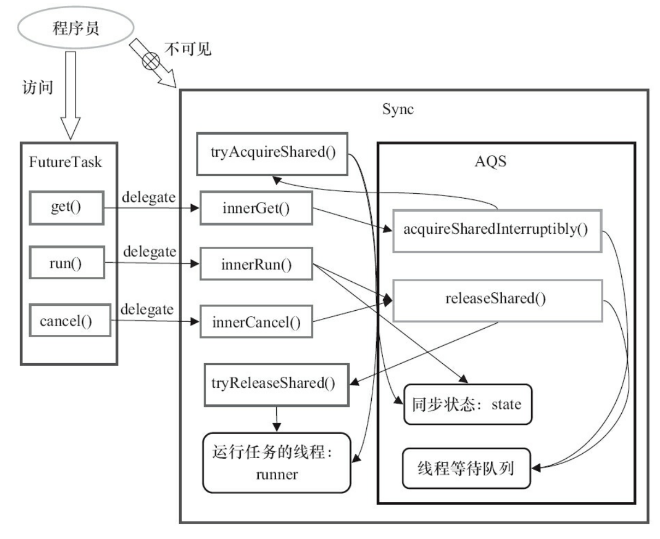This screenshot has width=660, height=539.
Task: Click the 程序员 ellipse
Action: pos(75,28)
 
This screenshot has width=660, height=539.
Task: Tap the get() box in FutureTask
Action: pos(67,208)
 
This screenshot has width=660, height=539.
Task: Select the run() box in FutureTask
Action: pos(67,263)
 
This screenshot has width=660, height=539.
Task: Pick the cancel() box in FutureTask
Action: pos(67,321)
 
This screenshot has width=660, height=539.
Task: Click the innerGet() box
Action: pos(255,208)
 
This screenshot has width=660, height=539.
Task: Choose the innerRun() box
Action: pos(255,264)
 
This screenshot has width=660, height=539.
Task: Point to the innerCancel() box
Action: pos(255,322)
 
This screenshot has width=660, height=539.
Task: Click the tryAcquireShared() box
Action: pos(272,153)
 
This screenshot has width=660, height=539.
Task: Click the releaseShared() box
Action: pos(497,300)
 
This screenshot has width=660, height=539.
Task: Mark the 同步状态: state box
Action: pos(467,405)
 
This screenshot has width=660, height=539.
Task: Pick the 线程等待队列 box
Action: pos(466,468)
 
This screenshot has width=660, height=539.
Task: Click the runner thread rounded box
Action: pos(276,463)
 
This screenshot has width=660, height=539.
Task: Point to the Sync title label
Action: pos(397,109)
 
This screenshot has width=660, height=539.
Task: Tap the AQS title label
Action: pos(490,161)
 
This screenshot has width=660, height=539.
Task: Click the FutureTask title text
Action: pos(66,162)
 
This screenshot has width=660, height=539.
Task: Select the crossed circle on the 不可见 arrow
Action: pos(151,61)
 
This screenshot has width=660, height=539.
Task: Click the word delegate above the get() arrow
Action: pos(148,197)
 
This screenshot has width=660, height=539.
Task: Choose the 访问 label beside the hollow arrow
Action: pos(38,87)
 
